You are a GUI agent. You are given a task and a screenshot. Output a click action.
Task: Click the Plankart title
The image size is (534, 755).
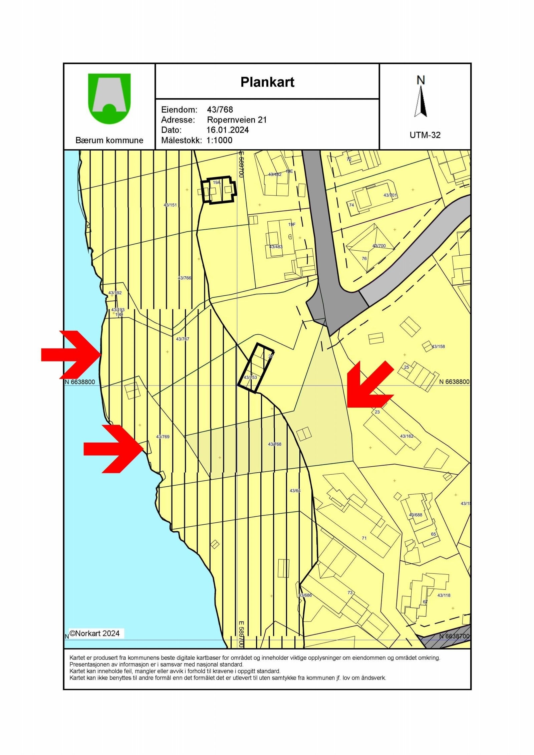pyautogui.click(x=267, y=82)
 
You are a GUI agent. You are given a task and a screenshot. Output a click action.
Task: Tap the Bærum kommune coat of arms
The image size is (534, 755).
pyautogui.click(x=109, y=98)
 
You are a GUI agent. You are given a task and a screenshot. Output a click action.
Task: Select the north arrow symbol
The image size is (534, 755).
pyautogui.click(x=421, y=100)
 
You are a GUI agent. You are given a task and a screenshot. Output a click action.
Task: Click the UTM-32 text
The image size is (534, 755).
pyautogui.click(x=425, y=135)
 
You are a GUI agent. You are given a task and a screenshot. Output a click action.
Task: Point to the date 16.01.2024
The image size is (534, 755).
pyautogui.click(x=228, y=130)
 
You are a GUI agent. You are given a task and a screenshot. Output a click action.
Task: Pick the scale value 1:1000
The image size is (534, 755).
pyautogui.click(x=219, y=140)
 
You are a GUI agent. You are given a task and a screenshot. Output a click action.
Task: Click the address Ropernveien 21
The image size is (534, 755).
pyautogui.click(x=237, y=120)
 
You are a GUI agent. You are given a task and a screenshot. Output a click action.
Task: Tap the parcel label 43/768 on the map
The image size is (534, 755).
pyautogui.click(x=275, y=444)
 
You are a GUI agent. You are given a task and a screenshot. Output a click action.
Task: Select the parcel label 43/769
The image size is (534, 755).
pyautogui.click(x=163, y=437)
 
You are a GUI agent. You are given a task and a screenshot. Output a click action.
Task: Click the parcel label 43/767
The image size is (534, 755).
pyautogui.click(x=183, y=339)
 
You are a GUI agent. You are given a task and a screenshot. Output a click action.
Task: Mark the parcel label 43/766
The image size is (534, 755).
pyautogui.click(x=185, y=278)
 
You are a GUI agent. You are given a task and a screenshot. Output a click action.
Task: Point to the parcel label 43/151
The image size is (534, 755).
pyautogui.click(x=170, y=205)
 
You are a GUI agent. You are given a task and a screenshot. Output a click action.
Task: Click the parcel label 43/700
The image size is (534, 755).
pyautogui.click(x=379, y=246)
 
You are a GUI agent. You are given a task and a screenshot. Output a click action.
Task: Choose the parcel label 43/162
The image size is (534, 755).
pyautogui.click(x=407, y=436)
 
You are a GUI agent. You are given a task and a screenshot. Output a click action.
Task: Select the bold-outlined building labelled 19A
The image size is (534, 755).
pyautogui.click(x=219, y=190)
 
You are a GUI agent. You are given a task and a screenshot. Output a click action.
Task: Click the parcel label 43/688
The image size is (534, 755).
pyautogui.click(x=416, y=515)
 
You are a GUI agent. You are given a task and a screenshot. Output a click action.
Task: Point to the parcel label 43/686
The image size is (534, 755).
pyautogui.click(x=305, y=595)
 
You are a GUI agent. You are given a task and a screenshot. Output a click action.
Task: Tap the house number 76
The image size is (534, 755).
pyautogui.click(x=364, y=258)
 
